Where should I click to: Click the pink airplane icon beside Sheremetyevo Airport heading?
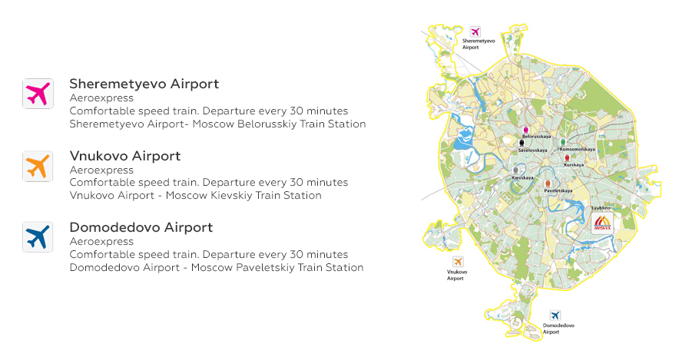point(38,94)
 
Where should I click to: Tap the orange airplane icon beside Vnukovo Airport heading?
point(38,166)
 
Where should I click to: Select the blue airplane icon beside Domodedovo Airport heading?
point(38,238)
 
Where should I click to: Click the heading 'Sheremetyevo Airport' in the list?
point(144,84)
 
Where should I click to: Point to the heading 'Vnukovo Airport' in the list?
point(124,156)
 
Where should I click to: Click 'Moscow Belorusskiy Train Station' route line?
point(217,124)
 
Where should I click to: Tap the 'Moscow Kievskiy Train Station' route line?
point(195,196)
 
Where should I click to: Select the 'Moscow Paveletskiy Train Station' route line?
point(216,268)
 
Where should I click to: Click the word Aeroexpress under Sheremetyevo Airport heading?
point(101,98)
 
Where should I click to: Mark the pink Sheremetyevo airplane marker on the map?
point(475,32)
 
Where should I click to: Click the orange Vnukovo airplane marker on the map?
point(458,262)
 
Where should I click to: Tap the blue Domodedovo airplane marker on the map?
point(555,315)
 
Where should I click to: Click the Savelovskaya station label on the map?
point(532,150)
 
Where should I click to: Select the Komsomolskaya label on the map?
point(577,149)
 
